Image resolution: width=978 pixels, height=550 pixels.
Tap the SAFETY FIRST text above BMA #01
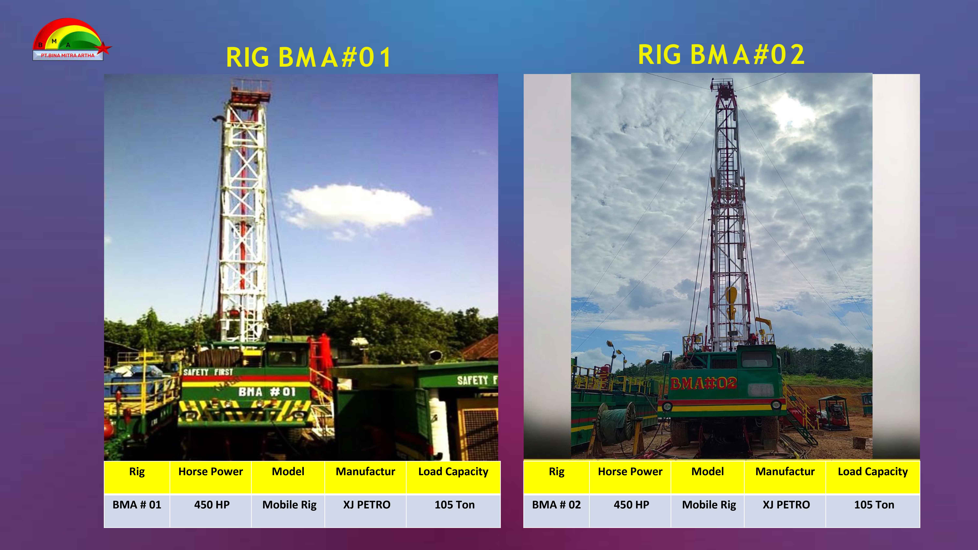208,372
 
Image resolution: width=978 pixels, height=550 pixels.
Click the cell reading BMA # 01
137,505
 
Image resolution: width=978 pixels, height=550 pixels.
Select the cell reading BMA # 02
556,505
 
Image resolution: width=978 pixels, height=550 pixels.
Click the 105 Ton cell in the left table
454,505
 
